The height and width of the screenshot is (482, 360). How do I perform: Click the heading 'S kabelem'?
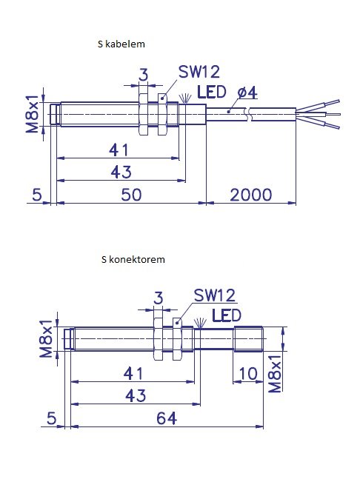click(x=121, y=44)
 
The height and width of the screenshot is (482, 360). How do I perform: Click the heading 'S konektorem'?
click(x=133, y=259)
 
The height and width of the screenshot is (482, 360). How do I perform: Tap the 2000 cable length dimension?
click(x=251, y=195)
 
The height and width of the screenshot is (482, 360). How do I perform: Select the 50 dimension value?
click(x=131, y=195)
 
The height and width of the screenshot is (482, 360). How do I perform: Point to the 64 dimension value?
click(x=167, y=418)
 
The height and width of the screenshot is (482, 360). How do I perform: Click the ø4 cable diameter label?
click(x=248, y=93)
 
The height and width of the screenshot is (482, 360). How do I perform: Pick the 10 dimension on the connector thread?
click(x=248, y=374)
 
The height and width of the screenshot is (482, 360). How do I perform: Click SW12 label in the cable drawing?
click(x=199, y=72)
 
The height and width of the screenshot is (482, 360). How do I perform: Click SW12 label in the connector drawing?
click(x=215, y=295)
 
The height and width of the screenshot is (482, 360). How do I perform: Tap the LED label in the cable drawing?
click(x=212, y=92)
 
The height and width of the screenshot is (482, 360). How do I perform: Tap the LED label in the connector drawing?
click(x=227, y=315)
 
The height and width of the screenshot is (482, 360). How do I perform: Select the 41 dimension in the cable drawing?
click(x=119, y=150)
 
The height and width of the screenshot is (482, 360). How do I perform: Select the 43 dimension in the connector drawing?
click(x=136, y=395)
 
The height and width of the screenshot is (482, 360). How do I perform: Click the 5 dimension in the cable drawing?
click(x=37, y=195)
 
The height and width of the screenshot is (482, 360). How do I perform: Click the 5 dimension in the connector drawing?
click(x=52, y=418)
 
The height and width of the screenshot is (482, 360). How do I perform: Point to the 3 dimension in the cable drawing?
click(x=143, y=75)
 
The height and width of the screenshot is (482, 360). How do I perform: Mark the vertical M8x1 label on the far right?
click(x=275, y=373)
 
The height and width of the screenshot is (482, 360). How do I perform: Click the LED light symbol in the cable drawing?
click(x=184, y=98)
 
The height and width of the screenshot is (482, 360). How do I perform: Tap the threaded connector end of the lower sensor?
click(x=248, y=338)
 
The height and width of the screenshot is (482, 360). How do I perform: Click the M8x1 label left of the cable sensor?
click(x=33, y=114)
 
